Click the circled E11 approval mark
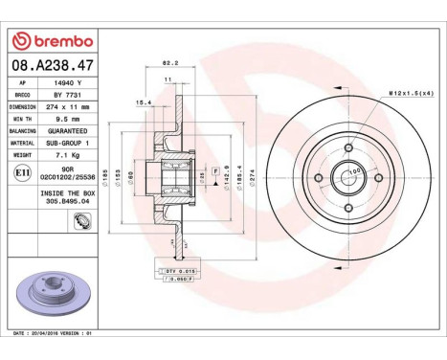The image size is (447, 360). coord(22,172)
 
